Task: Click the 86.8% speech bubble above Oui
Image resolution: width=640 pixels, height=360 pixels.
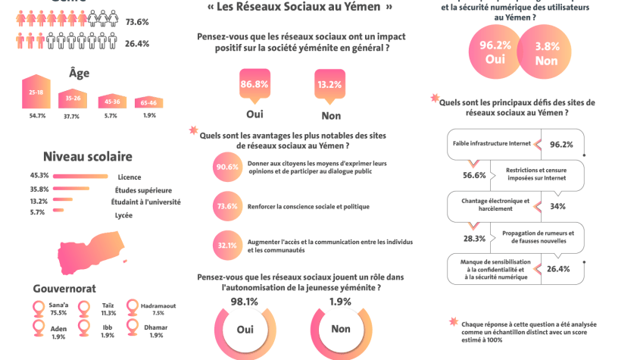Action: tap(254, 85)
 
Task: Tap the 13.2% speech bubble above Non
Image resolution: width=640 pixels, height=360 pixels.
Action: tap(329, 85)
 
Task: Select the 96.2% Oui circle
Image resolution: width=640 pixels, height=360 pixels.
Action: tap(495, 52)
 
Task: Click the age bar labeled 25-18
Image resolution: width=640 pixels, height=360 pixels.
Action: tap(36, 92)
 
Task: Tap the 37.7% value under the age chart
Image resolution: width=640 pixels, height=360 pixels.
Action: tap(71, 116)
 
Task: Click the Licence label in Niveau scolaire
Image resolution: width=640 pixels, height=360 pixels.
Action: tap(129, 177)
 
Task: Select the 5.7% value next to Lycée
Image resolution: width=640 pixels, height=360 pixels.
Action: tap(37, 212)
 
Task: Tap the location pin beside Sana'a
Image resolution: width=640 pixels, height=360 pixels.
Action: tap(39, 308)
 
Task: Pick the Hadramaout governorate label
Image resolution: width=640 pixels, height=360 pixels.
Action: tap(158, 305)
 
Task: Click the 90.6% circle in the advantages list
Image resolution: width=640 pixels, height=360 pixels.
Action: tap(227, 167)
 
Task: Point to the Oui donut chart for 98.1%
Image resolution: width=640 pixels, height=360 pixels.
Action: tap(245, 330)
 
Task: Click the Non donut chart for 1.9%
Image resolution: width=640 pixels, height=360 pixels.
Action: tap(341, 330)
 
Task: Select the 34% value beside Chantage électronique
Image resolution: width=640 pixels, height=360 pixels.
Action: tap(557, 206)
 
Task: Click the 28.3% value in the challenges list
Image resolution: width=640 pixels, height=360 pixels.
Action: tap(474, 238)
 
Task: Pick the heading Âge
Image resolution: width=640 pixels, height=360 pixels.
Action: tap(79, 73)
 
